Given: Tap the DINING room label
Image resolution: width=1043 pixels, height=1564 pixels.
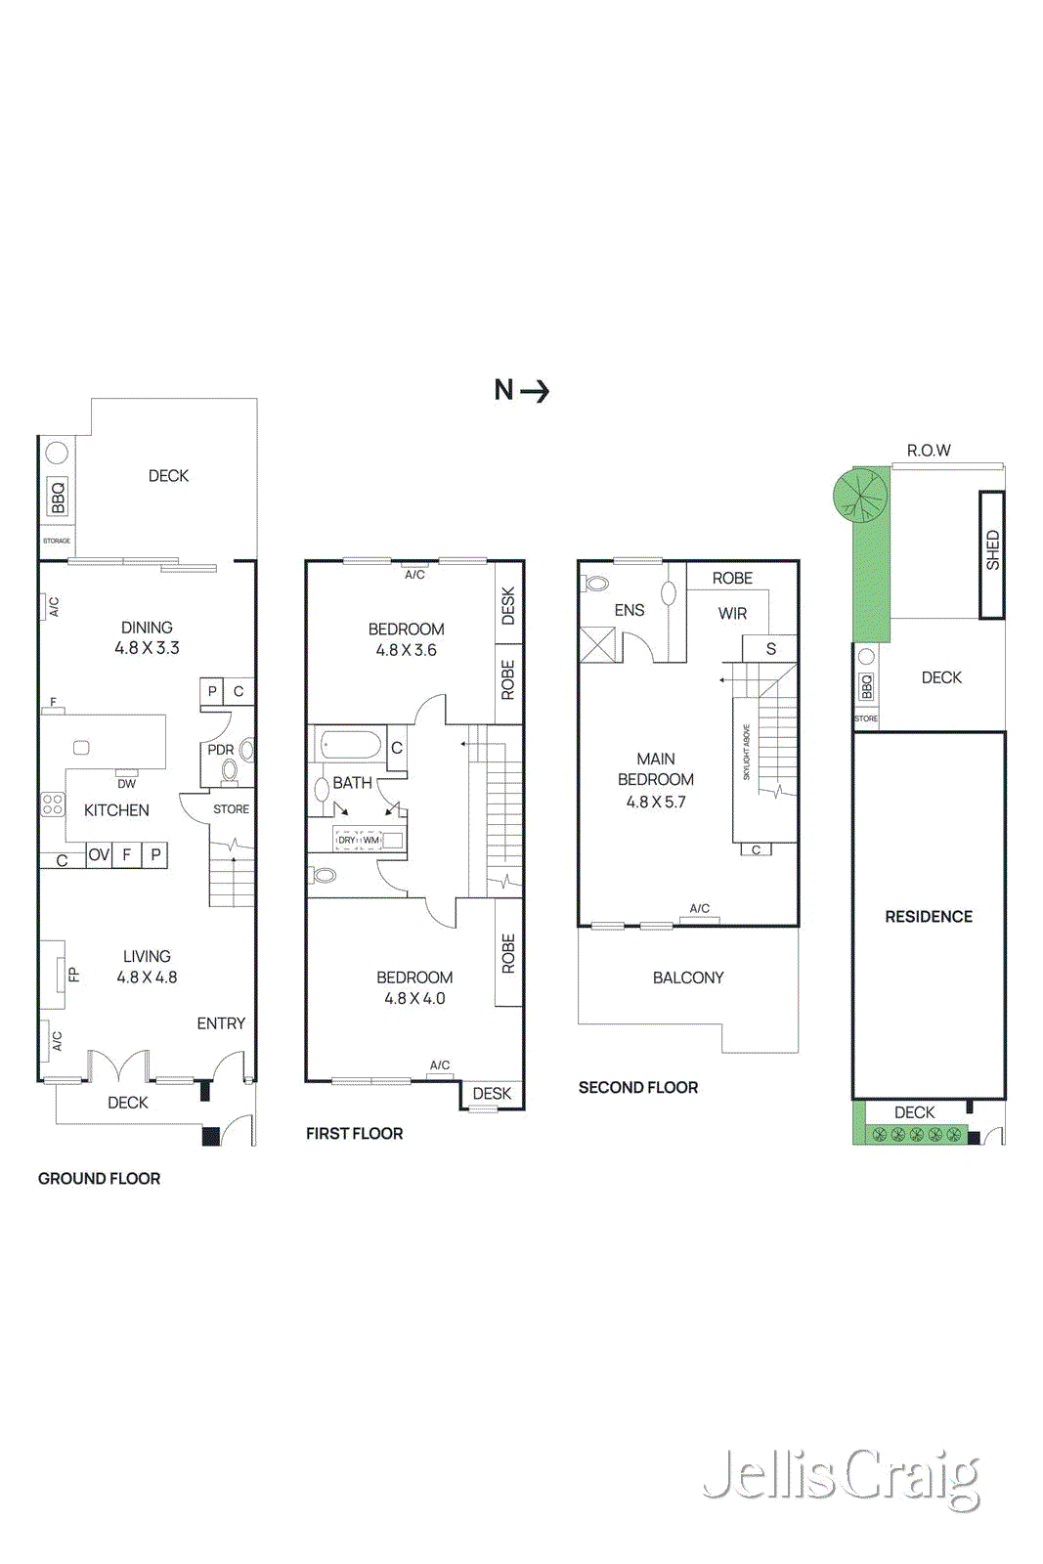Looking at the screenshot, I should [147, 628].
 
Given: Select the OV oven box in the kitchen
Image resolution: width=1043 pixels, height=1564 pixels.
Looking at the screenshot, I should [99, 855].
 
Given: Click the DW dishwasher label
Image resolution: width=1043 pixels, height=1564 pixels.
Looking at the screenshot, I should [126, 784].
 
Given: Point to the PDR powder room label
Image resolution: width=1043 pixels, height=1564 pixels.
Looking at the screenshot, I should [220, 750].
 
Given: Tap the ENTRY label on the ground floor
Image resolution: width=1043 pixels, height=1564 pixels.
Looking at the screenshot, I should [221, 1023].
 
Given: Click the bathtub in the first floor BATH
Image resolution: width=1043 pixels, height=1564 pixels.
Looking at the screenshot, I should [350, 746].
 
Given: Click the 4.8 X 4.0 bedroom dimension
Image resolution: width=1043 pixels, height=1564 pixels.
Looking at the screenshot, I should [414, 998].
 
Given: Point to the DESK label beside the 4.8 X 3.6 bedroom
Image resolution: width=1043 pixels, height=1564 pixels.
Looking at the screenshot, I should [508, 606].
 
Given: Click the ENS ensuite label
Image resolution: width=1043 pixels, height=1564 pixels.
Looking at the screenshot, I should [630, 610].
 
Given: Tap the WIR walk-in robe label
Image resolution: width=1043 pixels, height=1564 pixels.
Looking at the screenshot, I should [732, 614].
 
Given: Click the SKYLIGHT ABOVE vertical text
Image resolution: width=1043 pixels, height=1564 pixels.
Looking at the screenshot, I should [746, 753].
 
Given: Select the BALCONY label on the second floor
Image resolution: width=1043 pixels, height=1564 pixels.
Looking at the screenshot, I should [688, 977].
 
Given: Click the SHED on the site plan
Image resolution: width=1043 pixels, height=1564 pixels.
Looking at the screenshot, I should [992, 552].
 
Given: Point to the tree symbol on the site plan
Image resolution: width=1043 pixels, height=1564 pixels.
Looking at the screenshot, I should [860, 494].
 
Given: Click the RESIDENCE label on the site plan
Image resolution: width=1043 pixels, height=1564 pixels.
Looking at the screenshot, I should [929, 917].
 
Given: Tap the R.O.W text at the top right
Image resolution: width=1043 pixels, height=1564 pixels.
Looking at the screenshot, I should [929, 451].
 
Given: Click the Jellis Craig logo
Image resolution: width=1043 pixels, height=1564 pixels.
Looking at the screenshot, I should [842, 1478].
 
